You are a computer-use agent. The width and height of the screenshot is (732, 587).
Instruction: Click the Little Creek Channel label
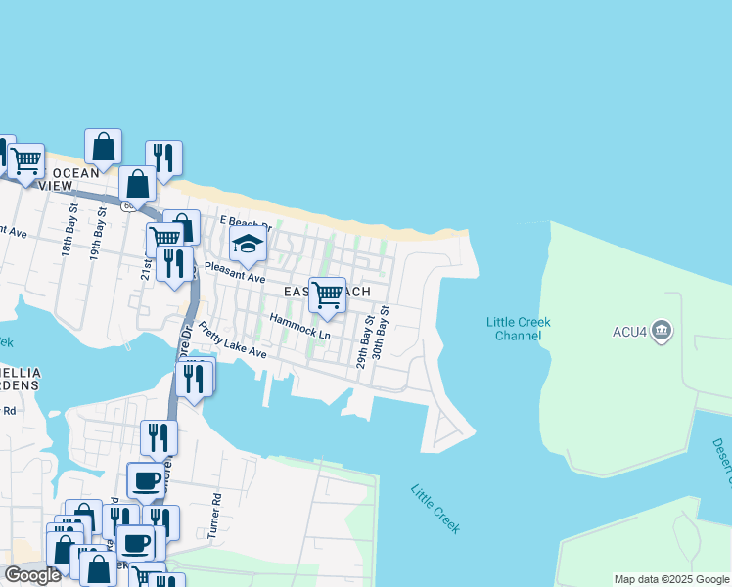(x=519, y=329)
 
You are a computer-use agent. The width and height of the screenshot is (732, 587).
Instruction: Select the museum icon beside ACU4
(x=662, y=331)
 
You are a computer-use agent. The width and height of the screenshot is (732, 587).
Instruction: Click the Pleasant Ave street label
(x=234, y=271)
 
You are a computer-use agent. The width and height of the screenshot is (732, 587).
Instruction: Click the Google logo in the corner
(x=32, y=575)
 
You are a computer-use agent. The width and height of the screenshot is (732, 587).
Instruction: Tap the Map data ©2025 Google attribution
(x=670, y=579)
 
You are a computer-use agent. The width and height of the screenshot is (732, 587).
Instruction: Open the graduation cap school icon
(x=248, y=246)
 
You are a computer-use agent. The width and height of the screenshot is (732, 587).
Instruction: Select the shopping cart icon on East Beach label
(x=327, y=293)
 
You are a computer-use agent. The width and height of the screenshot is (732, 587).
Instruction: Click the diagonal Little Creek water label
(x=435, y=509)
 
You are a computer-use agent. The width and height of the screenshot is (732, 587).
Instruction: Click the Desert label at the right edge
(x=725, y=460)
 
